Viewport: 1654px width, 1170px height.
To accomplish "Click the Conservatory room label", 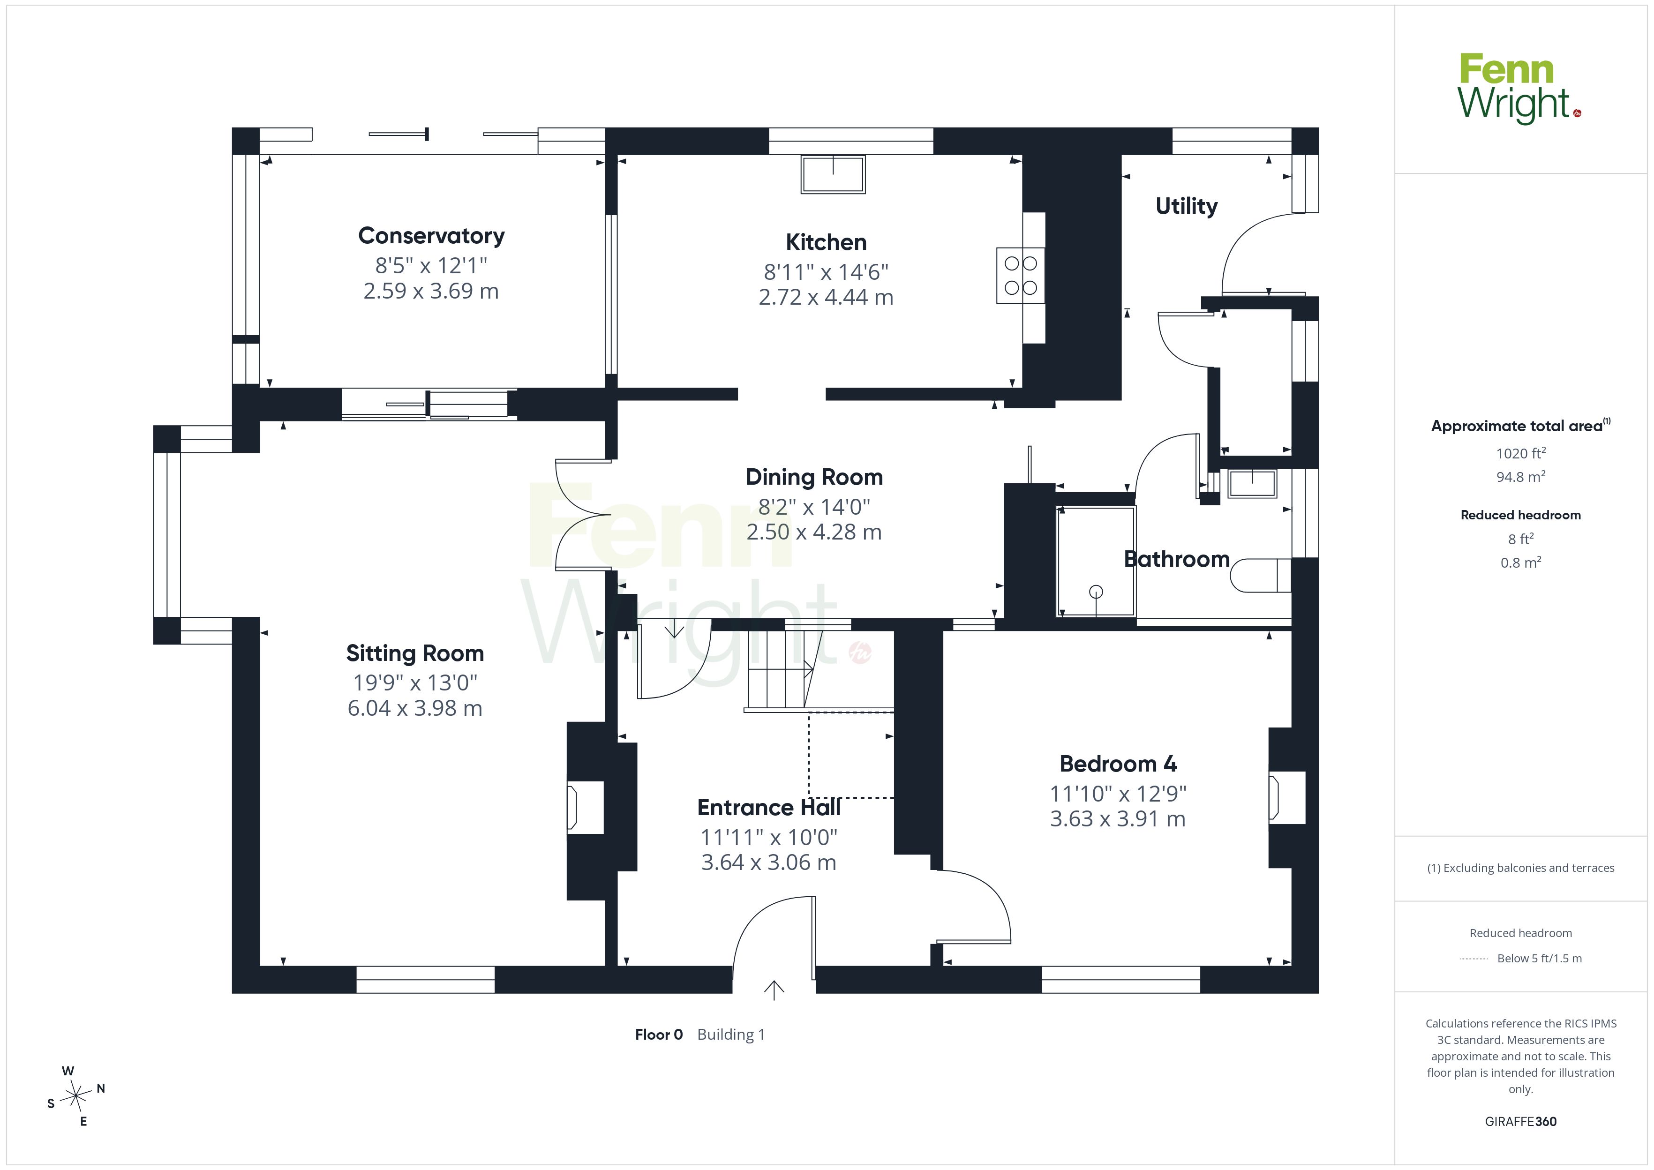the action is click(431, 236).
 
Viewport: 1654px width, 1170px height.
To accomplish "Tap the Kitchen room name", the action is click(826, 242).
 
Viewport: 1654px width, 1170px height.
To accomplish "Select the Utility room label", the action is click(1187, 206).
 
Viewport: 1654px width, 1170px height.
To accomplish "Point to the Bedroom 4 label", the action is click(1118, 764).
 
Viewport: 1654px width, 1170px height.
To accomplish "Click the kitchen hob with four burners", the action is click(1021, 275).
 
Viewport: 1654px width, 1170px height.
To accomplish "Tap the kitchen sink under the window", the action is click(833, 174).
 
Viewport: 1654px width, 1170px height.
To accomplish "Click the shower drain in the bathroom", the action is click(1096, 592).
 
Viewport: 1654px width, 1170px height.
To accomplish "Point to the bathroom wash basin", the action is click(1252, 483).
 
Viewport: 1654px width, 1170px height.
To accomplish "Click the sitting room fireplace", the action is click(585, 808).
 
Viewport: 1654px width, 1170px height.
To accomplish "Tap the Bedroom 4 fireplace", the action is click(1286, 797).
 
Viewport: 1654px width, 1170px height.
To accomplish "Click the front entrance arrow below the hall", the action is click(774, 990).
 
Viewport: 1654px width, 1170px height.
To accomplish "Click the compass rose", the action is click(75, 1096).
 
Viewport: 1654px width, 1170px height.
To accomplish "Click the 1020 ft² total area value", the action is click(1521, 453).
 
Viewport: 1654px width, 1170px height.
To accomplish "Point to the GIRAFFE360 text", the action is click(1521, 1122).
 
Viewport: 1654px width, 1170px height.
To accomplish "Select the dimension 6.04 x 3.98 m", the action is click(415, 708).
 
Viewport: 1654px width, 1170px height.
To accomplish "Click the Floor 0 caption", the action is click(658, 1035).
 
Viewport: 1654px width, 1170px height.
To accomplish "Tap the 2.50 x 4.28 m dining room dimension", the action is click(814, 532).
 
